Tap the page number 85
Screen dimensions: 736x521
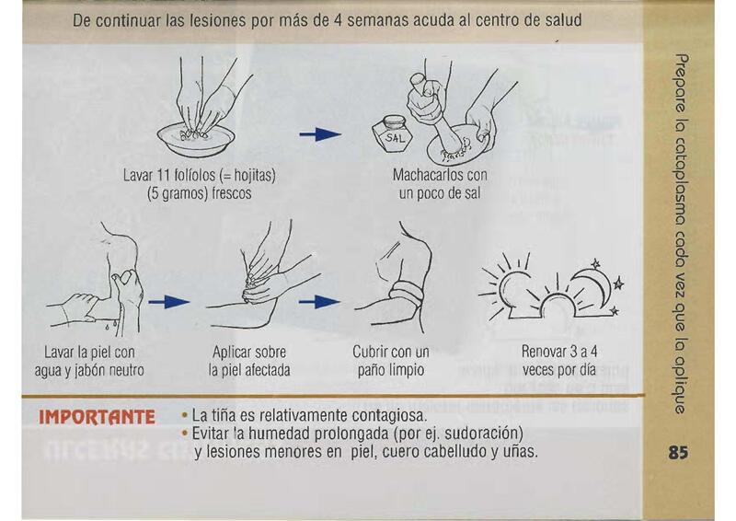coord(679,453)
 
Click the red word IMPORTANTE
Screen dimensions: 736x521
coord(97,417)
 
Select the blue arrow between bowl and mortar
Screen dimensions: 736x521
coord(320,134)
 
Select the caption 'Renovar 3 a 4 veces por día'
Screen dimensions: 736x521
coord(559,360)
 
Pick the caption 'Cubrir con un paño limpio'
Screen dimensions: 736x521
coord(391,360)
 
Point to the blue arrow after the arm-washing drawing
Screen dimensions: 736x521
coord(168,302)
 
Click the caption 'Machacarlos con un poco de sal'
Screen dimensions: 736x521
coord(440,184)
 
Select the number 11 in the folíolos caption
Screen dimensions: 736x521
coord(163,176)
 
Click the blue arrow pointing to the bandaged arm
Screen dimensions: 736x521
coord(320,302)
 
